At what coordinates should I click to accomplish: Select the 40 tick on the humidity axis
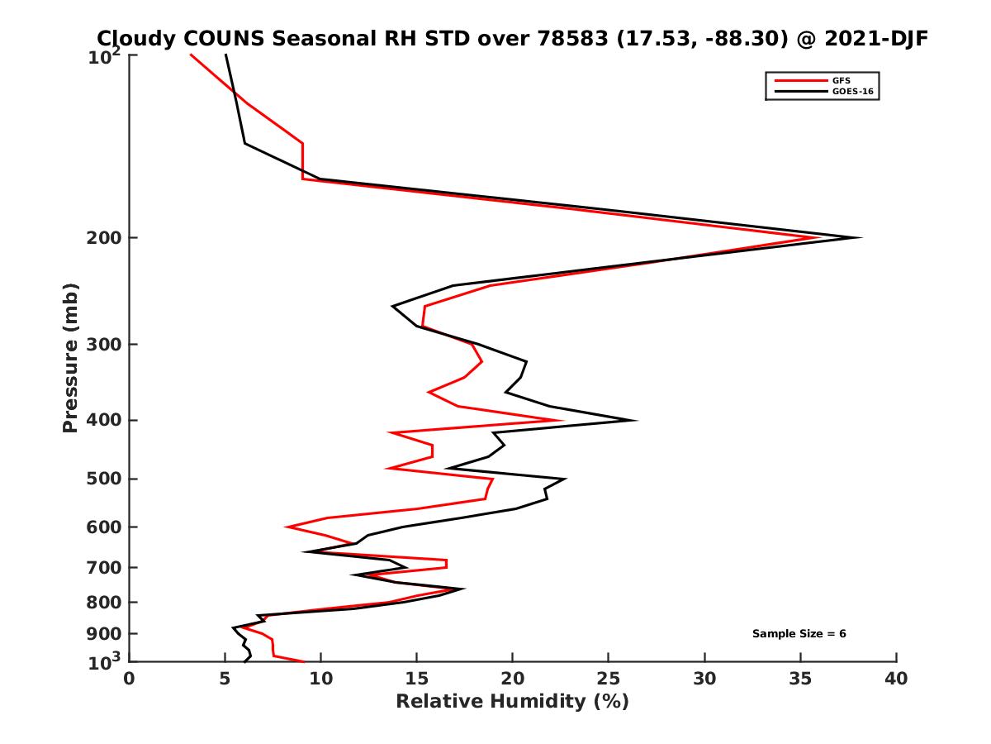pos(896,679)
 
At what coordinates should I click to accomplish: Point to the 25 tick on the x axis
pos(609,679)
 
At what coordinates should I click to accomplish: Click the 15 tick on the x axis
pos(417,679)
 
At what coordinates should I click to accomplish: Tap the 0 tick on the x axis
pos(130,679)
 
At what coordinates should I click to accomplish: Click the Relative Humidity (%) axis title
pos(512,702)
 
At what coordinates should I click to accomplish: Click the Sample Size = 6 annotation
pos(799,634)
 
